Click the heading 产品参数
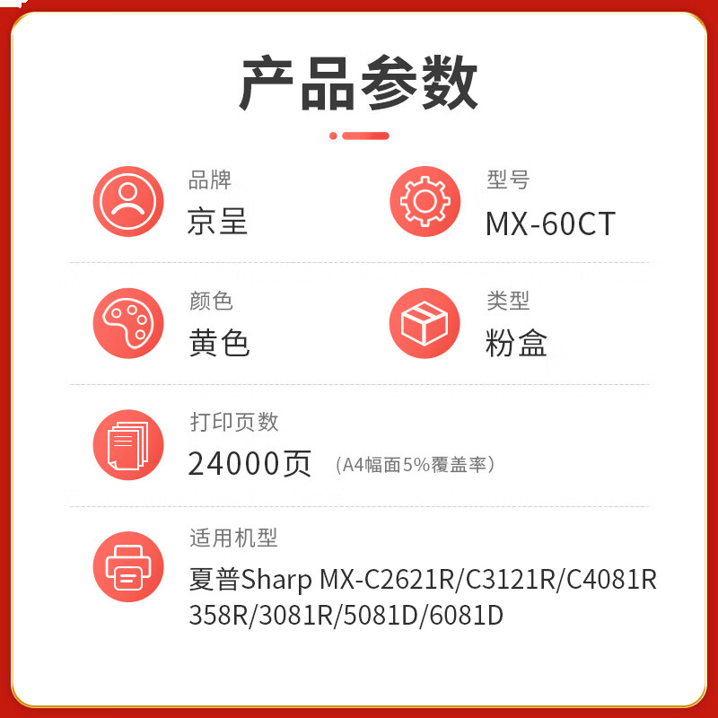(x=358, y=83)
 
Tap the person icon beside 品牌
(x=128, y=201)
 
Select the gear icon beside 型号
(x=425, y=201)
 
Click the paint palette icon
(x=128, y=323)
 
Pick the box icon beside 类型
(x=425, y=323)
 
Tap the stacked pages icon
(x=128, y=445)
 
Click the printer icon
(x=128, y=567)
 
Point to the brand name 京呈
(x=217, y=221)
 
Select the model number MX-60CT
(x=550, y=223)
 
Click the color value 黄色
(x=219, y=343)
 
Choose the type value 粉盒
(x=516, y=343)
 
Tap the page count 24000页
(x=250, y=464)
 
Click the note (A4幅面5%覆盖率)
(x=415, y=465)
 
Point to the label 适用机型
(x=233, y=538)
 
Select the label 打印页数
(x=234, y=422)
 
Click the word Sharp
(x=276, y=580)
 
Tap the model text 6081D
(x=466, y=616)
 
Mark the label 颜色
(x=211, y=301)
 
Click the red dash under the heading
(x=365, y=136)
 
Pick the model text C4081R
(x=611, y=579)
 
